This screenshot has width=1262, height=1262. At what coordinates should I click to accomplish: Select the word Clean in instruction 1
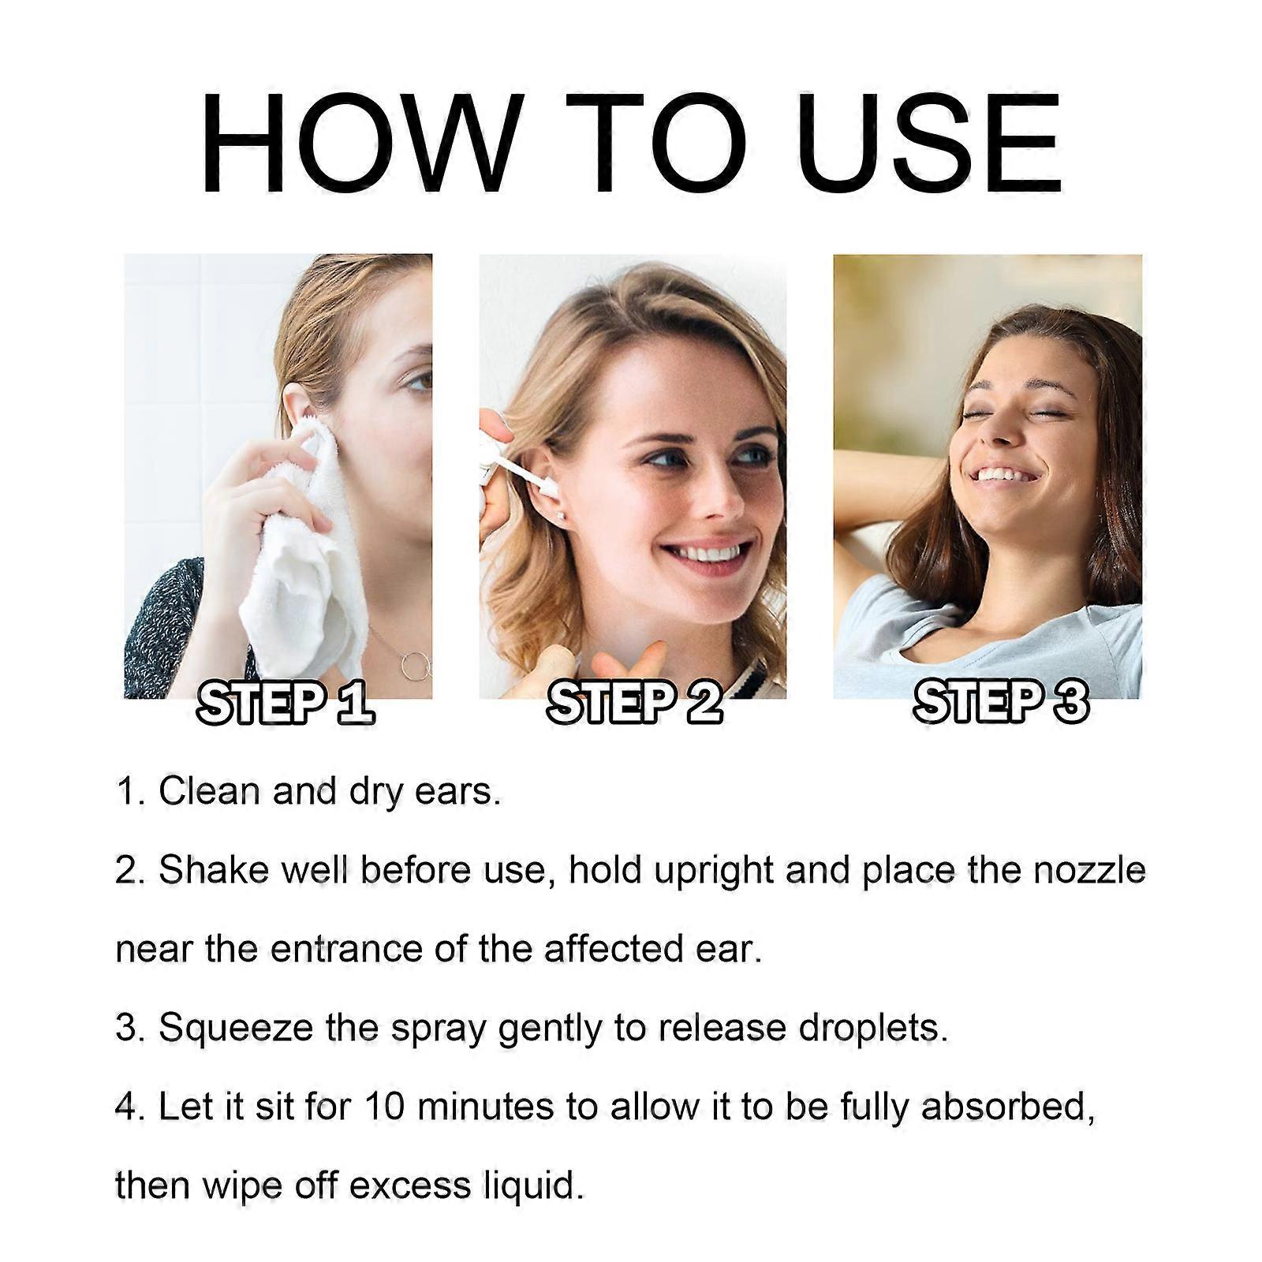(210, 791)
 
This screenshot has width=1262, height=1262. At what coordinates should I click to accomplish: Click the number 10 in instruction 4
(385, 1107)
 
